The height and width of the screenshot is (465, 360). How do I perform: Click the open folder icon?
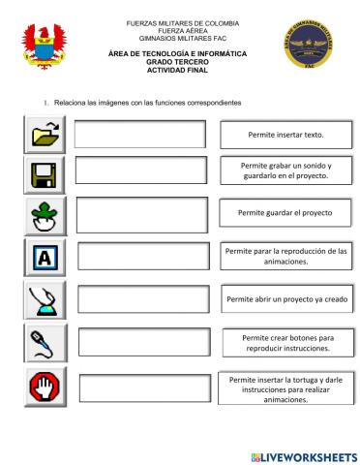point(43,135)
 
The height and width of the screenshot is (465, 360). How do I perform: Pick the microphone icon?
point(43,342)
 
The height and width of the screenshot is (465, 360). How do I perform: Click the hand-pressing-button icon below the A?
point(43,300)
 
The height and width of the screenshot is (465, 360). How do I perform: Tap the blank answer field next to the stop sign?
point(144,386)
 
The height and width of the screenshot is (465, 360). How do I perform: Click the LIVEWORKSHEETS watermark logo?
point(303,455)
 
